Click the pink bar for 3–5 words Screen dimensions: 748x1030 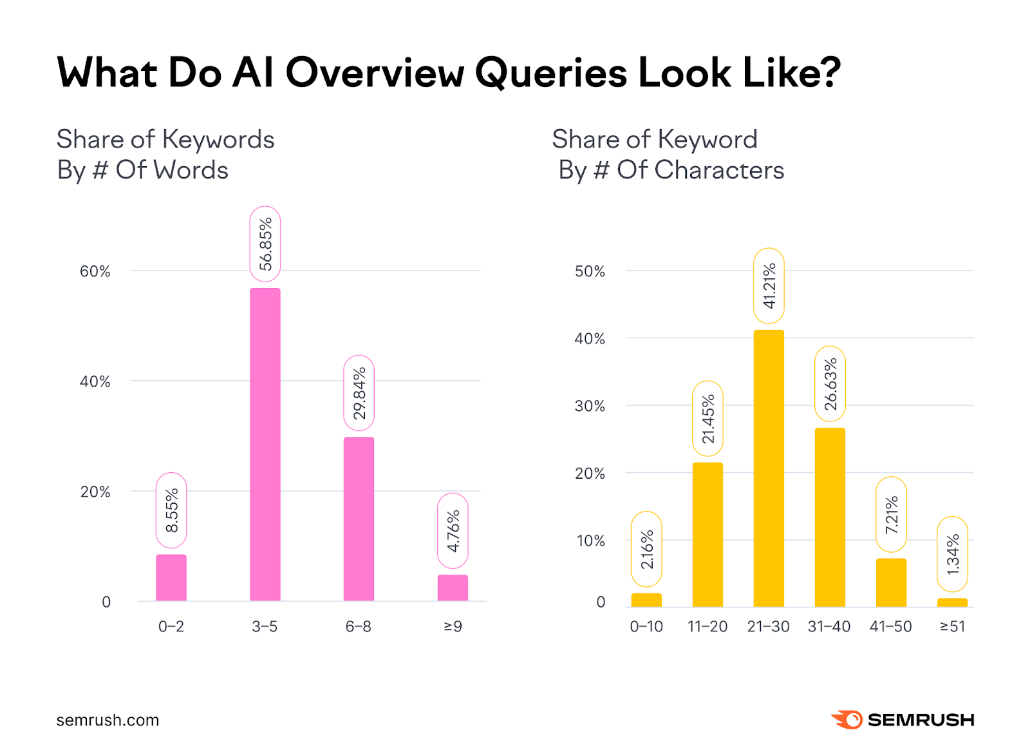pos(265,445)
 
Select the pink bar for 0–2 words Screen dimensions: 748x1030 pos(171,578)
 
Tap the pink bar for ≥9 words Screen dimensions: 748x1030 pos(453,588)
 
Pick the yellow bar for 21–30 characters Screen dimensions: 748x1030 pos(769,468)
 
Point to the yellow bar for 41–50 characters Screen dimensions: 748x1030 pos(891,582)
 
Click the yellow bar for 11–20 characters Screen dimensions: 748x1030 pos(707,535)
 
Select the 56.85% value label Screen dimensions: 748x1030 pos(265,244)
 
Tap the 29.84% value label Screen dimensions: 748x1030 pos(359,392)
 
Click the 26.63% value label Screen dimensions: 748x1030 pos(830,383)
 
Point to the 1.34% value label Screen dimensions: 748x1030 pos(953,554)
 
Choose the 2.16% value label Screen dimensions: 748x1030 pos(646,549)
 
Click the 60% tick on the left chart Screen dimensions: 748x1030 pos(95,271)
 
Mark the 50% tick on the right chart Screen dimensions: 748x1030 pos(590,271)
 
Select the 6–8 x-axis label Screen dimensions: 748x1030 pos(358,626)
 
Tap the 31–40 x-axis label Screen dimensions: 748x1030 pos(829,626)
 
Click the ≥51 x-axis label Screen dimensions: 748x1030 pos(952,626)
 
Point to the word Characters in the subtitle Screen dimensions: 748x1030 pos(719,170)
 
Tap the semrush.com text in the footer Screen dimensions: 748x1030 pos(108,720)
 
